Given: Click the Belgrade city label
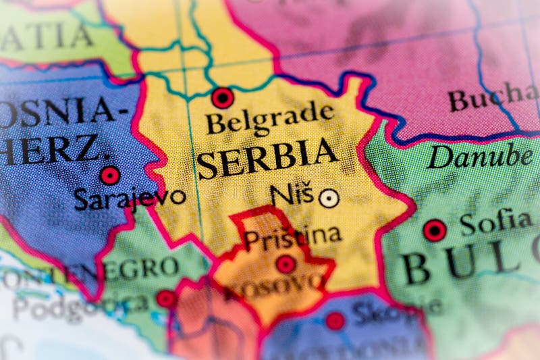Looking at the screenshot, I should (270, 120).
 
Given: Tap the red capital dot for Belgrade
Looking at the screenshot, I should (222, 98).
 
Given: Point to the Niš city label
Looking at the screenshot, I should (292, 195).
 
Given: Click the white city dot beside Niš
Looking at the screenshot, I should (329, 198).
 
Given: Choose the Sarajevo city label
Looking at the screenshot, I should (130, 198).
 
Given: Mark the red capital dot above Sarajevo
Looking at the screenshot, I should (109, 176).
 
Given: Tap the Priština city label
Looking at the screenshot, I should (292, 237).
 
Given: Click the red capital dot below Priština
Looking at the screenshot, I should (286, 264).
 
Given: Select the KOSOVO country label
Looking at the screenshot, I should (273, 287).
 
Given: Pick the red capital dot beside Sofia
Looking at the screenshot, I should (435, 230).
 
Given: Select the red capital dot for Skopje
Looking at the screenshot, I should (335, 321).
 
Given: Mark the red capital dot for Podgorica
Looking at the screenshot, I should (165, 298).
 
